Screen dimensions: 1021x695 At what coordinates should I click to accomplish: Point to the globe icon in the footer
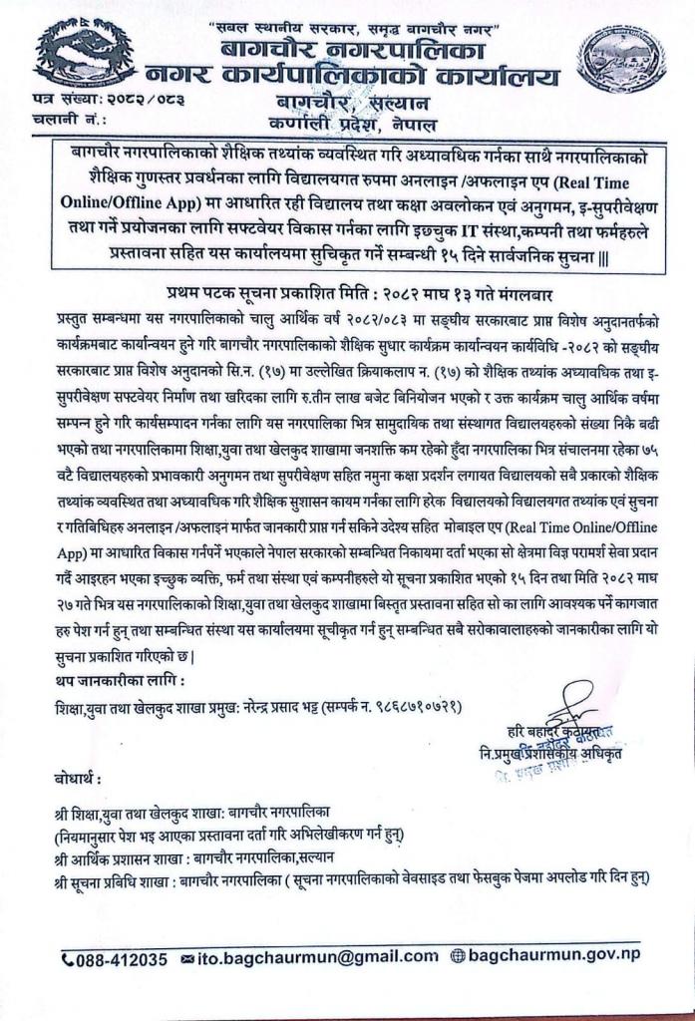459,958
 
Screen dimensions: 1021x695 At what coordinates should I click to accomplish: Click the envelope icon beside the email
189,959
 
